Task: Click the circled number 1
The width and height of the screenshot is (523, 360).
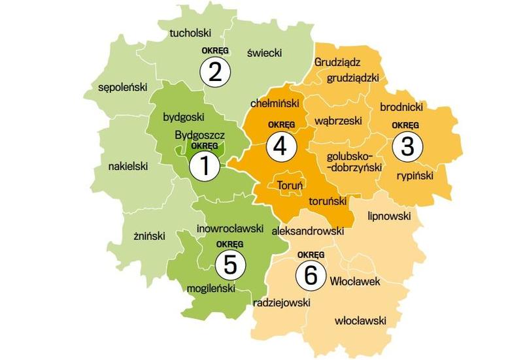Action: (x=204, y=167)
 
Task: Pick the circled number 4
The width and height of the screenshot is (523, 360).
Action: (x=280, y=146)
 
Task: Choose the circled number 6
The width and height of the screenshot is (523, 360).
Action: (x=311, y=275)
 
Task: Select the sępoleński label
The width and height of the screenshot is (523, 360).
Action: (x=122, y=87)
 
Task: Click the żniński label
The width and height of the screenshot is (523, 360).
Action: (x=144, y=236)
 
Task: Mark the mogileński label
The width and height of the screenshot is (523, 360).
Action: (x=215, y=287)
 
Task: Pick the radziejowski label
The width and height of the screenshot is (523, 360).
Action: (x=281, y=303)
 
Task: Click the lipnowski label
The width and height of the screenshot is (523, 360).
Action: (x=389, y=215)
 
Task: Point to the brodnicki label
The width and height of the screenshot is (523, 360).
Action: (x=401, y=106)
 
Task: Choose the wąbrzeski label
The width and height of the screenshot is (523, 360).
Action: (x=338, y=122)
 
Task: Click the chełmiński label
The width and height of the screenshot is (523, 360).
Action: (x=275, y=103)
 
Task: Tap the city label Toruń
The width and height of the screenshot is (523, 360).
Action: (x=290, y=186)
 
